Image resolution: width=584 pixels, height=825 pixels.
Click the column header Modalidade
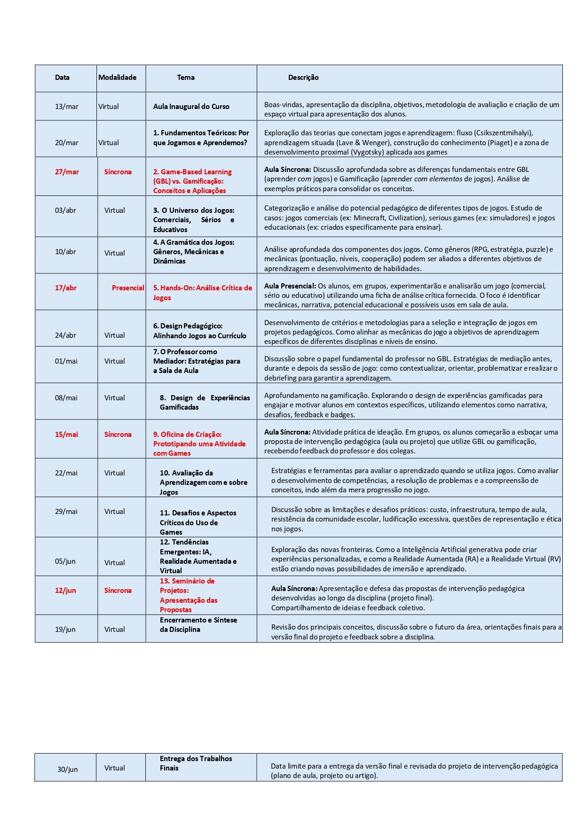[117, 78]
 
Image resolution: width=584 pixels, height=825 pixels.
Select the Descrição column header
[303, 78]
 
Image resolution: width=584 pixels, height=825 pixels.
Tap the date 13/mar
[67, 107]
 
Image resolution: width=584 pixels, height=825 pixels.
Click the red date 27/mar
[67, 172]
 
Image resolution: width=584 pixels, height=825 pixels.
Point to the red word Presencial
[128, 288]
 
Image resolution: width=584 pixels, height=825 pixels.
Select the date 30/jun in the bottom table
[68, 769]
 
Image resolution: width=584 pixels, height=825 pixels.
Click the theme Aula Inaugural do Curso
[191, 107]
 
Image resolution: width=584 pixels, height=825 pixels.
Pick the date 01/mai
[66, 361]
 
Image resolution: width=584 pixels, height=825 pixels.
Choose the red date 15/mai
[66, 435]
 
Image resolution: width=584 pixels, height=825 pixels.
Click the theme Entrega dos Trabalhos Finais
[196, 763]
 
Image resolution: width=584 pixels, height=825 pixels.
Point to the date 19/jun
[65, 630]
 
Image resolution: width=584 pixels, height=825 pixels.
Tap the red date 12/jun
[65, 591]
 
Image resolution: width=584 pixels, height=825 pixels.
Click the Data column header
[62, 78]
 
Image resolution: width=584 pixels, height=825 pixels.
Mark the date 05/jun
[65, 561]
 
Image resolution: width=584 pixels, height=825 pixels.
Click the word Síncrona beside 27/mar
[118, 172]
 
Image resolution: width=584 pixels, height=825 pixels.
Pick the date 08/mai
[66, 398]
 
